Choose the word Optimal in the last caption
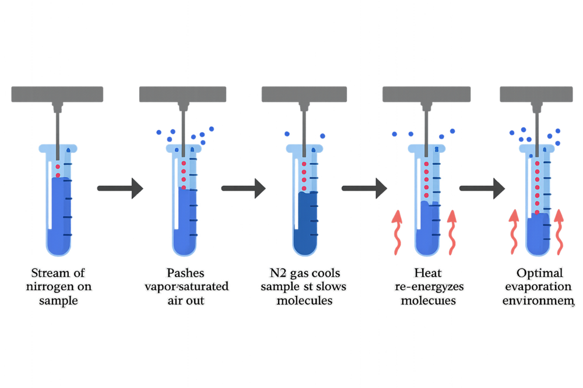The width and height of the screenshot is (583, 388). tap(540, 273)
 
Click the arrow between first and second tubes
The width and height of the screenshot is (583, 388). tap(120, 188)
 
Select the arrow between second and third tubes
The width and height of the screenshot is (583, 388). tap(244, 188)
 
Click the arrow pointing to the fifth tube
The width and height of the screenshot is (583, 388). tap(483, 188)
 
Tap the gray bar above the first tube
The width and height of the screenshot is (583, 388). tap(57, 94)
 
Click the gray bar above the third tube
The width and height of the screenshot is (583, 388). tap(304, 94)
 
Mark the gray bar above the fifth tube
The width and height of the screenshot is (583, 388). tap(539, 94)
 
